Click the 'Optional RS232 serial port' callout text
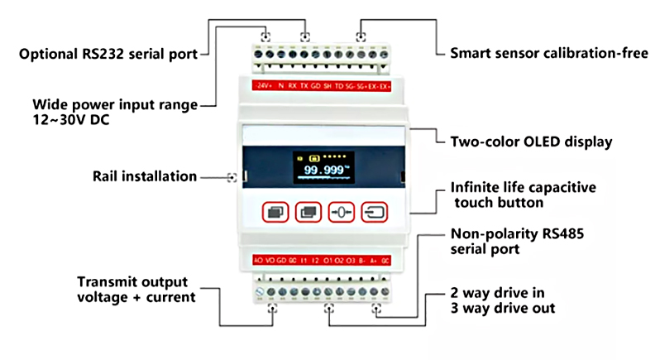pos(108,55)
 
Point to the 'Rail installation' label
pos(145,176)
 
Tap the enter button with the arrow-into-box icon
pos(376,212)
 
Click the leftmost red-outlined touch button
pos(275,212)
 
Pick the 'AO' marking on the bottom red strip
pos(259,260)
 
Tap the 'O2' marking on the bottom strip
pos(339,260)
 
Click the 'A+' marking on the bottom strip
pos(374,260)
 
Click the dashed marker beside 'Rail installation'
pos(232,176)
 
